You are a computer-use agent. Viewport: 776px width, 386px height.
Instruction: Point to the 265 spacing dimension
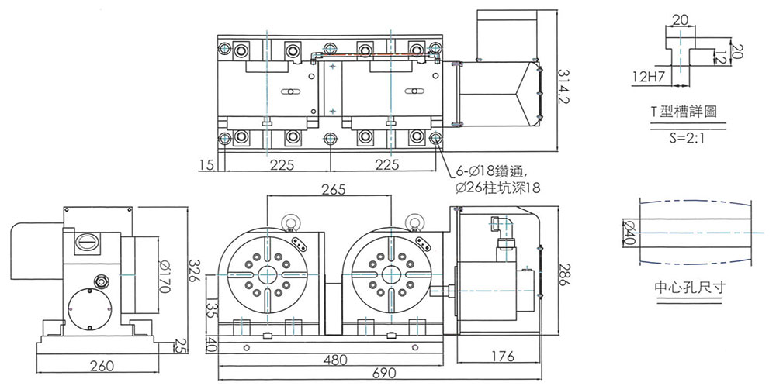coord(329,189)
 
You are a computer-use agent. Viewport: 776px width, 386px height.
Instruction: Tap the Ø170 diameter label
coord(165,274)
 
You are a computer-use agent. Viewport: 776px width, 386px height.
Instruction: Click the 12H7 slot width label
coord(649,78)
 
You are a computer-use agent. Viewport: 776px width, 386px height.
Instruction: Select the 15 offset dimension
coord(205,165)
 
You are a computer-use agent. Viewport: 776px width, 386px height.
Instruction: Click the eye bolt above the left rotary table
coord(291,224)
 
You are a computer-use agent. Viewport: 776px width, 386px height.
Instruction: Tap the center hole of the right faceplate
coord(390,274)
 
